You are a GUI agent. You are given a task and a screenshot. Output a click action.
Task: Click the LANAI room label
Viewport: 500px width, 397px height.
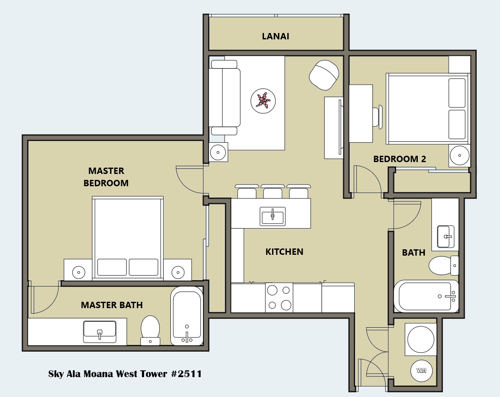(x=275, y=36)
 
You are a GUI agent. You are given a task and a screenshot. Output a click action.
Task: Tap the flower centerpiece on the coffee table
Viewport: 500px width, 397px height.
(x=263, y=100)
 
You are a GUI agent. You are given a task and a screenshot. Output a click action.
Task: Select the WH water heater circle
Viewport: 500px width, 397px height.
(x=421, y=370)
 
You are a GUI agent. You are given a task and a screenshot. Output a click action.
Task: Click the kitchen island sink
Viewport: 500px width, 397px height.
(x=272, y=216)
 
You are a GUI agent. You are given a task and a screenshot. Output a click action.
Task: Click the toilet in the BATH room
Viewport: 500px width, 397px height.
(x=444, y=265)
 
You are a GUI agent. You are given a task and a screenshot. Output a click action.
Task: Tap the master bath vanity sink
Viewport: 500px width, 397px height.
(x=100, y=332)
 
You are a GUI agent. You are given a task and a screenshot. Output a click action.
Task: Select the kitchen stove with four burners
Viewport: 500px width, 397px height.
(x=279, y=298)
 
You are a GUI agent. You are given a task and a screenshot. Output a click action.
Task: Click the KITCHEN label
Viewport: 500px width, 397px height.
(x=284, y=252)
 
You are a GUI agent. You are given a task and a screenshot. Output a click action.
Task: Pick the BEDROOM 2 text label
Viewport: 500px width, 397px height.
(x=400, y=159)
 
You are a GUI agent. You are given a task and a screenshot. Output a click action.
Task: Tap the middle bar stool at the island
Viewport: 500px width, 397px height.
(x=272, y=191)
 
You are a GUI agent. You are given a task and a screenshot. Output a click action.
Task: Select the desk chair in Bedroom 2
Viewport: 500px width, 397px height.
(x=378, y=117)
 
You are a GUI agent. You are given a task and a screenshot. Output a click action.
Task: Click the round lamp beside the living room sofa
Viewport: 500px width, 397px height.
(x=218, y=152)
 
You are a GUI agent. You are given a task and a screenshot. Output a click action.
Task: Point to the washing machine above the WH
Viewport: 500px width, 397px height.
(x=421, y=339)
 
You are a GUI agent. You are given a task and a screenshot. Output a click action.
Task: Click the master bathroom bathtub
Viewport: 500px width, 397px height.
(x=187, y=316)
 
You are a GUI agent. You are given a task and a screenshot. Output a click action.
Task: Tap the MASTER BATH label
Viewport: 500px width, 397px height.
(x=111, y=305)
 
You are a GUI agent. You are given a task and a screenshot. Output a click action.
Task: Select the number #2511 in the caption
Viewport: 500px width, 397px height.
(x=186, y=374)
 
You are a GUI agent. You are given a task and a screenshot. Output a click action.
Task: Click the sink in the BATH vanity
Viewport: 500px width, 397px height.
(x=446, y=237)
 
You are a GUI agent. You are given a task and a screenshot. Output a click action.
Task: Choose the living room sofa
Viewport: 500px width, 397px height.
(x=225, y=97)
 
